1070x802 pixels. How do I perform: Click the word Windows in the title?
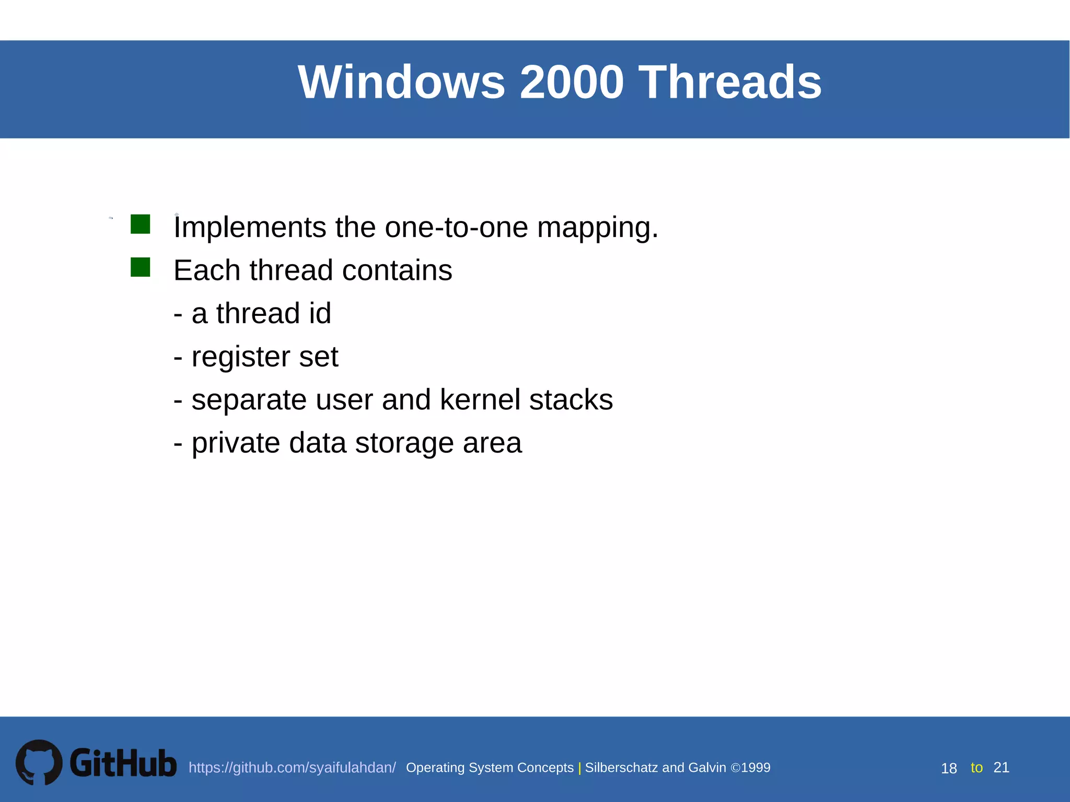[401, 82]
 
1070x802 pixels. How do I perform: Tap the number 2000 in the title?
[572, 82]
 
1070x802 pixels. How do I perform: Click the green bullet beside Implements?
[140, 224]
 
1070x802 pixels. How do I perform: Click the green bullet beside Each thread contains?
[140, 267]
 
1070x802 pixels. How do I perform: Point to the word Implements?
[250, 228]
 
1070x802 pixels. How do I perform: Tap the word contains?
[397, 270]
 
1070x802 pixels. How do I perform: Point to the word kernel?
[480, 400]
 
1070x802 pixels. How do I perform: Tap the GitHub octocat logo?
[39, 762]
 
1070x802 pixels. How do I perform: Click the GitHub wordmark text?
[123, 763]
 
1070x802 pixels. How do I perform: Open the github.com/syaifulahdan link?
[292, 768]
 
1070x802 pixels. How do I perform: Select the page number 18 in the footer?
[949, 769]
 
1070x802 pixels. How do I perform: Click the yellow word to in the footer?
[976, 768]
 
